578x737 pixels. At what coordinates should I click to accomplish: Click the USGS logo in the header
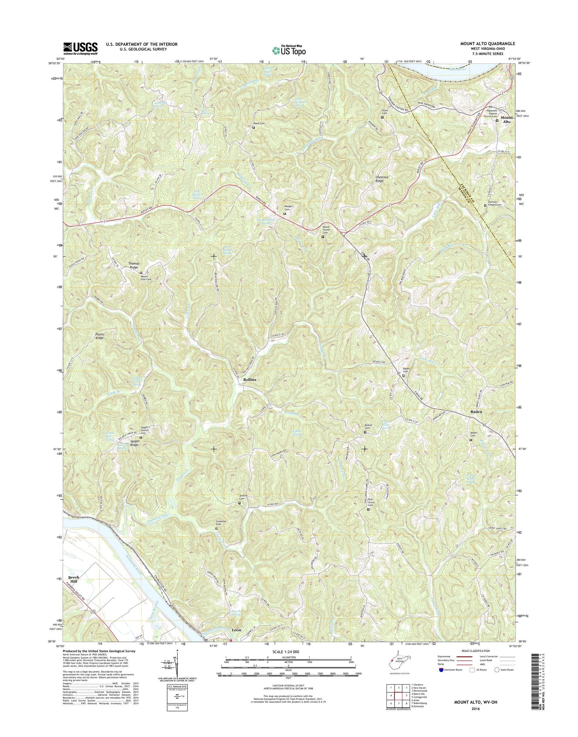tap(81, 47)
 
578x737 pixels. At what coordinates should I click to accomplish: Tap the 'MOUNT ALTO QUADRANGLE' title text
tap(487, 44)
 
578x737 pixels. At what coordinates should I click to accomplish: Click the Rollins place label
tap(249, 380)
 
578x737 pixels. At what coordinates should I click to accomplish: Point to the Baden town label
tap(476, 412)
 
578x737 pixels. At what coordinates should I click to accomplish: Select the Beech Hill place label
tap(74, 580)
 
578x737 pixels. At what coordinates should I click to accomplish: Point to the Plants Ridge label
tap(100, 336)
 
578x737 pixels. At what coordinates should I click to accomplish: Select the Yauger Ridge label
tap(134, 443)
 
